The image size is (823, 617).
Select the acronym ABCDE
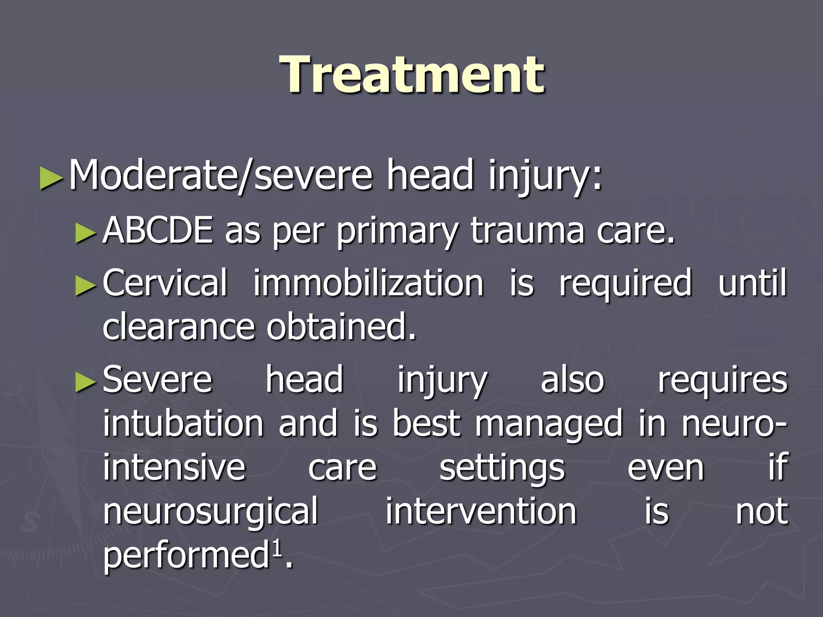point(158,231)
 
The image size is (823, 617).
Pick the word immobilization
point(368,284)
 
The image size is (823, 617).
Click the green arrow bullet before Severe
point(86,382)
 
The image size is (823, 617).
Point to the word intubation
point(183,423)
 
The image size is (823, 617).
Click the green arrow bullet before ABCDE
point(86,233)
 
